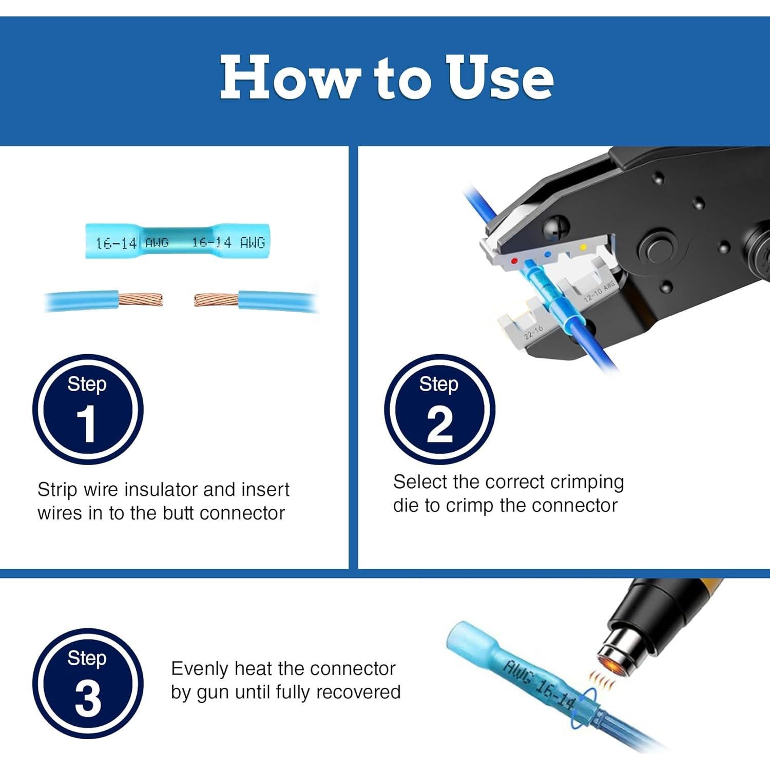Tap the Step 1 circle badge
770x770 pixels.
pos(88,410)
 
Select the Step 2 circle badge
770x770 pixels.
pos(439,410)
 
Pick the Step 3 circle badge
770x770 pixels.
pos(88,684)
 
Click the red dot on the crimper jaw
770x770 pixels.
pos(514,261)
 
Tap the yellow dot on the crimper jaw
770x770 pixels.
pos(583,247)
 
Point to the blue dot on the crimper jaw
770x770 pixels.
pos(548,254)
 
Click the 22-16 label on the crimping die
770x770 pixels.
pos(533,332)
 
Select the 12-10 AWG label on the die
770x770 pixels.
pos(599,291)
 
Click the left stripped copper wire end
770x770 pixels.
pos(141,299)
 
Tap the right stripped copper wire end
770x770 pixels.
pos(216,300)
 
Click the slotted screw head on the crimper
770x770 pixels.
pos(555,228)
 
